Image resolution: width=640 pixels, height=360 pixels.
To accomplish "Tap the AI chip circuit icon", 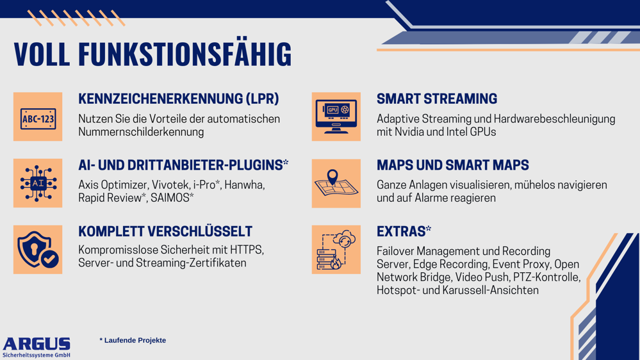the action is coord(38,183).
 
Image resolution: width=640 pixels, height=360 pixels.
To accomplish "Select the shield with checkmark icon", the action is coord(38,249).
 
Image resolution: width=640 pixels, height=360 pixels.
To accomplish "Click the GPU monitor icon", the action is coord(336,117).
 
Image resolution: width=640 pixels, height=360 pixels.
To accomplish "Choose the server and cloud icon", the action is coord(336,249).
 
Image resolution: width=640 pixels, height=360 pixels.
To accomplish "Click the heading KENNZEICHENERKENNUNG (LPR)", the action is coord(179,99).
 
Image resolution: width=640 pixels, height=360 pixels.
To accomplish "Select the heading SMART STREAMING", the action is coord(437,99).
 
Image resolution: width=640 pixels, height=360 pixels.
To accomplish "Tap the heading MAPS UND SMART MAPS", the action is coord(453,165).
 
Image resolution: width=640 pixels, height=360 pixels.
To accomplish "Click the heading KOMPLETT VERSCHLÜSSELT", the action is coord(165,231).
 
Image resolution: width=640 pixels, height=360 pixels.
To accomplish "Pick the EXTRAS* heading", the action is coord(404,231).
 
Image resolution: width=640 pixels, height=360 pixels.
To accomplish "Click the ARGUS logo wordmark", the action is coord(37,344).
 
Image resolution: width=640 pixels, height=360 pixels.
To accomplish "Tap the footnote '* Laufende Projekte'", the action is coord(133,340).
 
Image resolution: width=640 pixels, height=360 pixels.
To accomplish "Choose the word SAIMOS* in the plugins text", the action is coord(172,198).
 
